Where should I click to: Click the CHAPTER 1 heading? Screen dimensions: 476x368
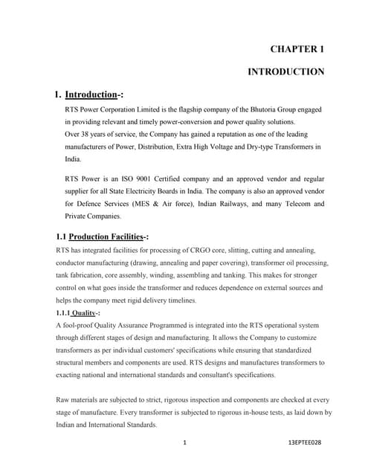[x=297, y=49]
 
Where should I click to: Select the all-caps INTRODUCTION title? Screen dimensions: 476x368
[x=285, y=72]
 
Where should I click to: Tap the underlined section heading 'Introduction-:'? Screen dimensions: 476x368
[x=94, y=95]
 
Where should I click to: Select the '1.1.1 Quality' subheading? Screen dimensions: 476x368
[x=78, y=312]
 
